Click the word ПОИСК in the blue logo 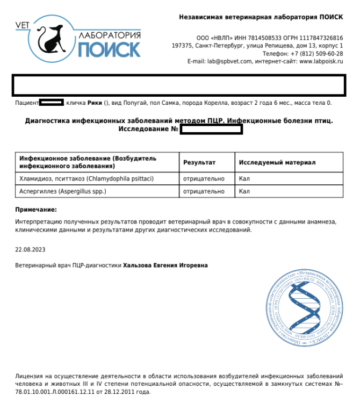[109, 50]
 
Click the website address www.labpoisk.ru [321, 61]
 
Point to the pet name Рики [95, 103]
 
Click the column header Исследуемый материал [277, 162]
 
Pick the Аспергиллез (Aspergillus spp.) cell [63, 191]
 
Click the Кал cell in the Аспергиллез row [244, 191]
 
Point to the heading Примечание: [36, 210]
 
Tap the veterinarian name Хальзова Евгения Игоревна [165, 265]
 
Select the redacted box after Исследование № [211, 129]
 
